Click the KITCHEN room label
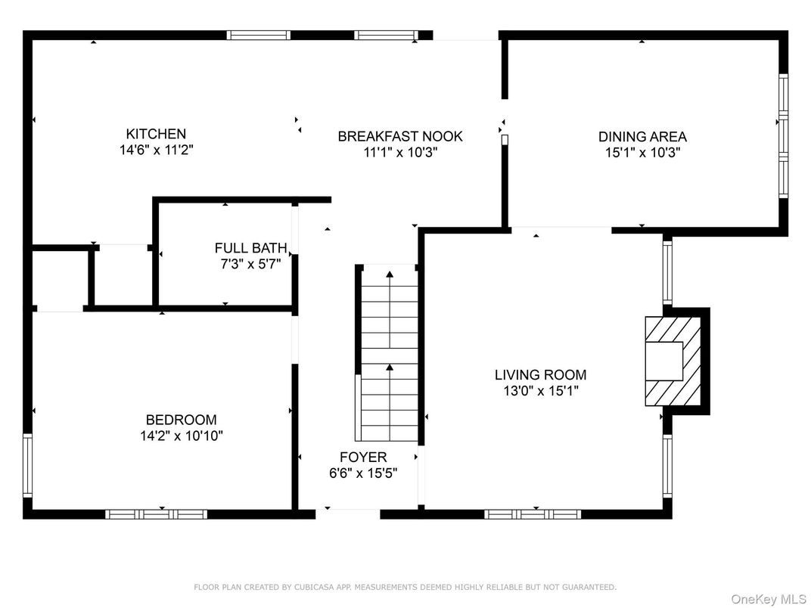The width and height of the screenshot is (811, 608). coord(156,134)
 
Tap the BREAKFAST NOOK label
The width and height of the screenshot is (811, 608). coord(400,136)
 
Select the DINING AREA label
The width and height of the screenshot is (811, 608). coord(642,137)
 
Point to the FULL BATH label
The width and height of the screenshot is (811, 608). coord(251,248)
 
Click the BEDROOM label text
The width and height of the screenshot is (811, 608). coord(181,420)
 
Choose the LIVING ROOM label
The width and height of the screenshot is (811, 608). coord(540,375)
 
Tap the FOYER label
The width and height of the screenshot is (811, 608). coord(363,457)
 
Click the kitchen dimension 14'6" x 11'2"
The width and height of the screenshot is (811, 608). coord(157,150)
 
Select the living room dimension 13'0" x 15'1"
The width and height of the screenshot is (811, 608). coord(540,391)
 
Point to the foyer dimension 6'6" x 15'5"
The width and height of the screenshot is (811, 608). coord(363,473)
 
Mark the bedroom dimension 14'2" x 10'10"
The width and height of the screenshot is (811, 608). coord(182,436)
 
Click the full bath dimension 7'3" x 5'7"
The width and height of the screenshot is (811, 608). coord(251,264)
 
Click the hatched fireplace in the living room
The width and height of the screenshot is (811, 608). coord(673,361)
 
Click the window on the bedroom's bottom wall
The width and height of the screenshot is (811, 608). coord(156,514)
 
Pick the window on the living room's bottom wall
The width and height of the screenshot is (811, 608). coord(533,514)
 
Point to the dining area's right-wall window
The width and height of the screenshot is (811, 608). coord(784,136)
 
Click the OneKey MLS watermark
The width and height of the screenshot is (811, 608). coord(769,599)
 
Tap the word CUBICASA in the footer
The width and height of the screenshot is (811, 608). coord(315,588)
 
